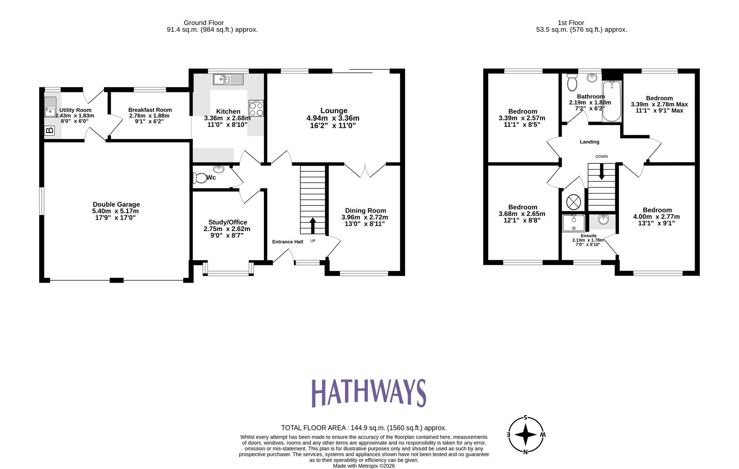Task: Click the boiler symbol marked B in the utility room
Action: [49, 130]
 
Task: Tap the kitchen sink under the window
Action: [228, 79]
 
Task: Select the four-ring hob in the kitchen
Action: [256, 108]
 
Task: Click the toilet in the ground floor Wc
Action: [200, 178]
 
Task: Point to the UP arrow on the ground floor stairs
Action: [313, 225]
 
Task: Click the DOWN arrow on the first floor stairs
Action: [602, 172]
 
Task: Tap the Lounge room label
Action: [334, 111]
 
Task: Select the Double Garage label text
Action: [116, 204]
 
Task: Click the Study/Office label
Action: [228, 222]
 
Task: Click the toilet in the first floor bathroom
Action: [572, 82]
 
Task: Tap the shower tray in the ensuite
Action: [573, 223]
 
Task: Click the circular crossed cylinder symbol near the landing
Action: [573, 202]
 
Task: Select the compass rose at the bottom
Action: [525, 435]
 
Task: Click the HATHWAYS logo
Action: [369, 393]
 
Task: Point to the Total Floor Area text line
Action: [364, 428]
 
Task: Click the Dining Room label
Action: [365, 210]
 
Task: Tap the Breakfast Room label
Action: [150, 110]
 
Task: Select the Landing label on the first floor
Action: [589, 142]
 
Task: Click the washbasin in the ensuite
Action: [603, 220]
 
